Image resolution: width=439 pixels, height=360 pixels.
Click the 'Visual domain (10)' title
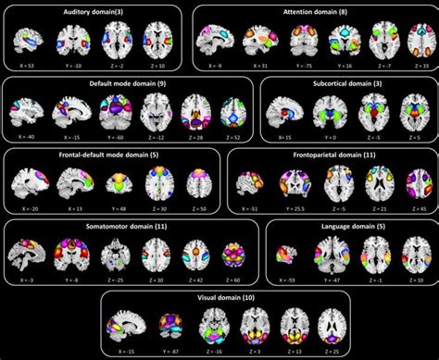(219, 300)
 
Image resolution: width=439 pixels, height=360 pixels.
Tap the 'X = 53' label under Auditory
(31, 66)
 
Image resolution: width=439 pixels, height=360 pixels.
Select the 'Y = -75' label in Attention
(295, 66)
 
